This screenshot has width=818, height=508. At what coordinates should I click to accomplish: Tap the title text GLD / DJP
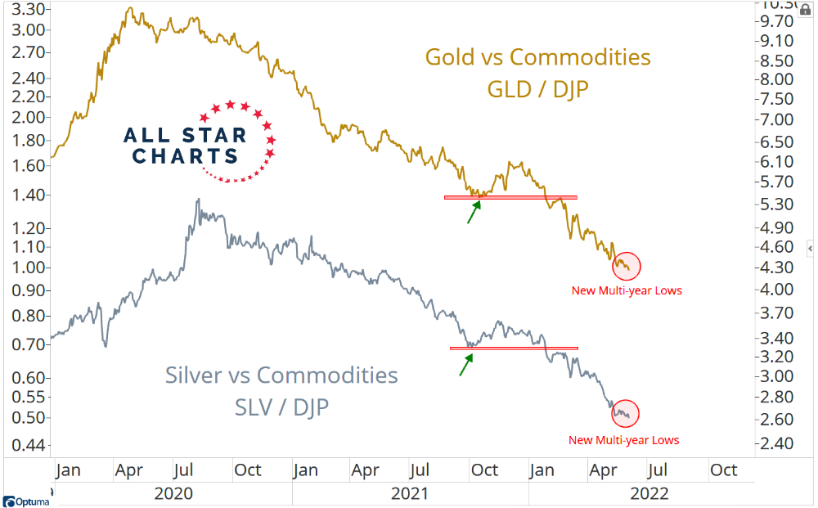click(537, 88)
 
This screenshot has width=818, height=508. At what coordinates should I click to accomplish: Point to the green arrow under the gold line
click(474, 211)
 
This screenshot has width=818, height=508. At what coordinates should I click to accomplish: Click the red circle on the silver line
click(624, 414)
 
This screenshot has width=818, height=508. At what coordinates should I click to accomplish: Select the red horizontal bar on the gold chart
click(510, 197)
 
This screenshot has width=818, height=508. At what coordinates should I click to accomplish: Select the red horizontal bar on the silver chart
click(514, 348)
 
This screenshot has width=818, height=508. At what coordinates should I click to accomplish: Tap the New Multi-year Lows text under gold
click(627, 290)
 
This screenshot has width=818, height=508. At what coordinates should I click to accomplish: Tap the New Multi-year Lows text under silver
click(624, 440)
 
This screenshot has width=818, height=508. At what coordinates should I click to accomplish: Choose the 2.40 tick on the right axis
click(778, 444)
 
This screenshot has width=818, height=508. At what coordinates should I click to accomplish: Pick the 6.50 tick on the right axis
click(778, 140)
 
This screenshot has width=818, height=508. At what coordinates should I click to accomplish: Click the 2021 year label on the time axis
click(409, 493)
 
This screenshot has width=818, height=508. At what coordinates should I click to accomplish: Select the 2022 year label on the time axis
click(649, 493)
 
